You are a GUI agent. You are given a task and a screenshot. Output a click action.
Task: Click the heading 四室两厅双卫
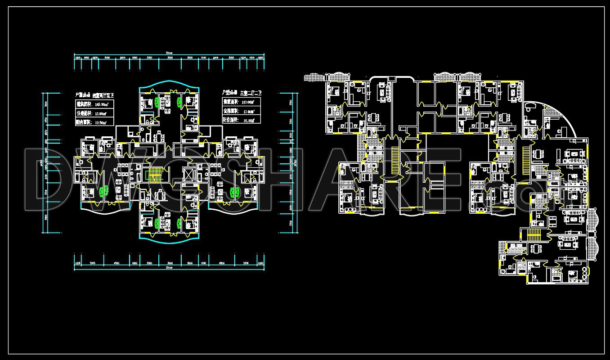pos(103,95)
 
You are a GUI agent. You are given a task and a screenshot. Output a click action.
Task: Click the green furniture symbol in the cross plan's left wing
pos(104,192)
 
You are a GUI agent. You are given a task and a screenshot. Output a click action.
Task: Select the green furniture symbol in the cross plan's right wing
pos(234,193)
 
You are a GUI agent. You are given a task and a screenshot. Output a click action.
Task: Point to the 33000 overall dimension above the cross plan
pos(169,53)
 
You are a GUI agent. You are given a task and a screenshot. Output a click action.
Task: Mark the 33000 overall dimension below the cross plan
pos(169,268)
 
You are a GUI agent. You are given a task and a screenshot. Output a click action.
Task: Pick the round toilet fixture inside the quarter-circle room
pos(529,107)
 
